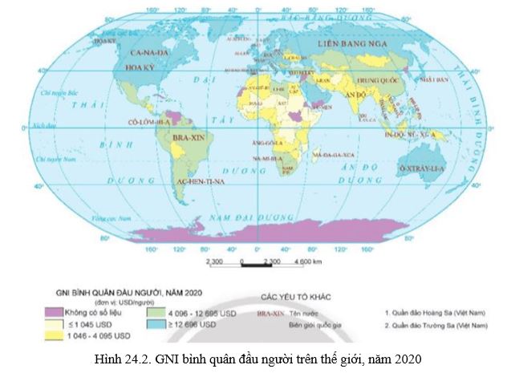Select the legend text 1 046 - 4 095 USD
pos(88,336)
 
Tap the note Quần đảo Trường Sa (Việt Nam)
pos(436,326)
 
